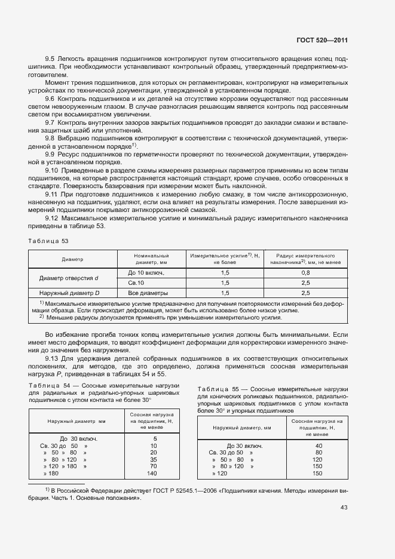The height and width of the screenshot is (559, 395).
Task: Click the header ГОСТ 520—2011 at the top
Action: point(321,41)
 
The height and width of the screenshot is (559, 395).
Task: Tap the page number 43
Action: point(344,508)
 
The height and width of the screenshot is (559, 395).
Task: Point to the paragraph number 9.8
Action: point(50,138)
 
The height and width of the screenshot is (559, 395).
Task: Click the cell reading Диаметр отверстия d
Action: point(69,278)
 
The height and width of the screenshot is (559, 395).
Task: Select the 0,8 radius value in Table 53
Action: point(305,272)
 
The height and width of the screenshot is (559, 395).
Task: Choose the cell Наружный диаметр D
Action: point(69,293)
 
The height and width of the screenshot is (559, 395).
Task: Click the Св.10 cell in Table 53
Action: point(137,282)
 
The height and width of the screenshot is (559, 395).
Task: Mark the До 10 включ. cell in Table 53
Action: point(146,272)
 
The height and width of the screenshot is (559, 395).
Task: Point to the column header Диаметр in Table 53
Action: point(72,259)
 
